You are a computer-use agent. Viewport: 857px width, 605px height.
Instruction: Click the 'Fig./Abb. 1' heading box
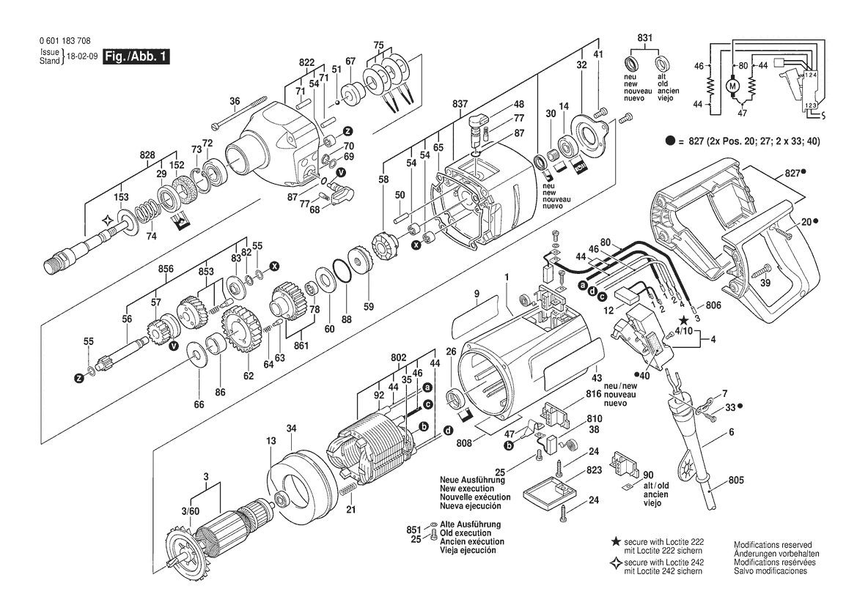137,56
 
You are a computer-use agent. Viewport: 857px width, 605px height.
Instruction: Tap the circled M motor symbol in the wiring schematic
732,86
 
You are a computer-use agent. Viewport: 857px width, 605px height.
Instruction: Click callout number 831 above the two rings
644,38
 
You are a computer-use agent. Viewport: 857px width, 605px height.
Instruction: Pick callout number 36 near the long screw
235,101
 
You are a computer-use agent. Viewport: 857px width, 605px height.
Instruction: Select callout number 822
306,62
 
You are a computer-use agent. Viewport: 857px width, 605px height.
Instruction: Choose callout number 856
166,269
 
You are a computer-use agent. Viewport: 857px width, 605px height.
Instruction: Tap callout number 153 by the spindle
121,197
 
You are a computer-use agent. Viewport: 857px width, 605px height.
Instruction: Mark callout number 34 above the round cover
291,428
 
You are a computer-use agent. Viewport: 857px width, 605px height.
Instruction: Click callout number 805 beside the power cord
737,480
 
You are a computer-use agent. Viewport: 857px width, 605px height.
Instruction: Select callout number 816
593,394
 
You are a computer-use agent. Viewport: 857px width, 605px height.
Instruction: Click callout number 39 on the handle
766,283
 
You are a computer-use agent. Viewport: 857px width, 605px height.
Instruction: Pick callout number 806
714,305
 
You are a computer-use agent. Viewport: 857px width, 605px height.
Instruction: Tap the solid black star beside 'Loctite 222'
616,541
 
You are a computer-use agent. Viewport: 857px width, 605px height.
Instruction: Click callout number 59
369,307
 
